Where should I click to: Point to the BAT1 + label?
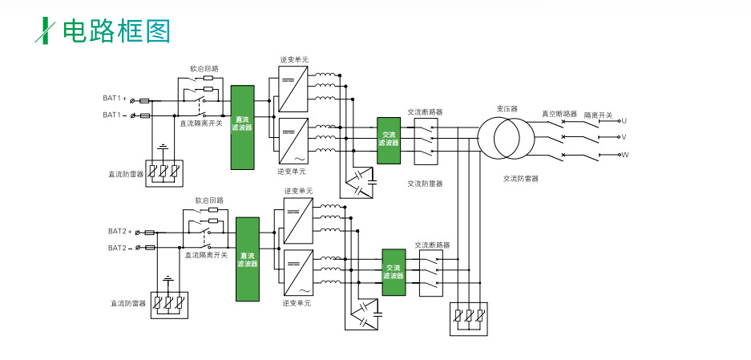coord(115,99)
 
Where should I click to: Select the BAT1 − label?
coord(115,115)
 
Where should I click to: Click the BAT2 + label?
coord(120,232)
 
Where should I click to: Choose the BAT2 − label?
coord(120,248)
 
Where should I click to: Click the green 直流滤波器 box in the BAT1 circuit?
coord(242,127)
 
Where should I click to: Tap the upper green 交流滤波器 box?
coord(389,140)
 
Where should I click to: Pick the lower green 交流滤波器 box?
coord(394,273)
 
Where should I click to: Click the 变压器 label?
coord(507,108)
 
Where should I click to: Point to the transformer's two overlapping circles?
coord(507,137)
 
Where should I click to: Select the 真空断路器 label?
coord(559,114)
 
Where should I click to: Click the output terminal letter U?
coord(624,120)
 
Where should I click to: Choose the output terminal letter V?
coord(624,137)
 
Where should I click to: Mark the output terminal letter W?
coord(625,154)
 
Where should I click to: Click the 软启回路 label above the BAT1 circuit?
coord(204,69)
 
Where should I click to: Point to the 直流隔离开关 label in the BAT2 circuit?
coord(206,255)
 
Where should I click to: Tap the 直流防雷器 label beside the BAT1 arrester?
coord(127,173)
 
